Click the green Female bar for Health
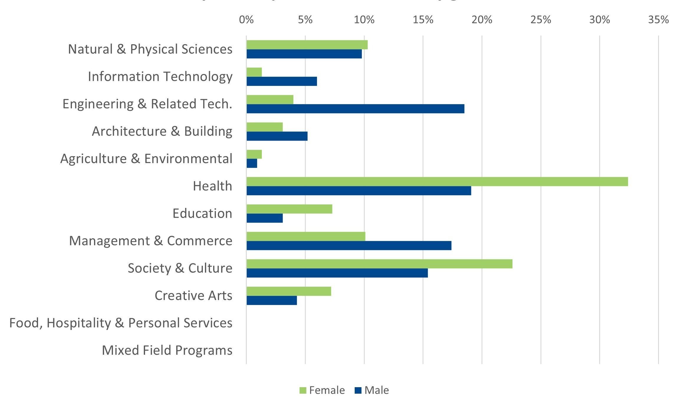coord(437,182)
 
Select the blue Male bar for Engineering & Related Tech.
coord(355,109)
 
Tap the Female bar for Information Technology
coord(254,72)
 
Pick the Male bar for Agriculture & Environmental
coord(252,163)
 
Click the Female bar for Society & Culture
coord(379,264)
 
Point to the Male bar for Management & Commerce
coord(349,246)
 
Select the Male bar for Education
coord(264,218)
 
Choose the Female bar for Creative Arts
coord(289,291)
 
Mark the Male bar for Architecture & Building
coord(277,136)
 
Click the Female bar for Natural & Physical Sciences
coord(307,45)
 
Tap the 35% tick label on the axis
coord(658,20)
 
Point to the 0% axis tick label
coord(246,20)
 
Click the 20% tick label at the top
coord(482,20)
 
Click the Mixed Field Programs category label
coord(167,350)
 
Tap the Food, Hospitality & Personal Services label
coord(121,323)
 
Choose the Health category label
coord(212,186)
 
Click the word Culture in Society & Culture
coord(210,268)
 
